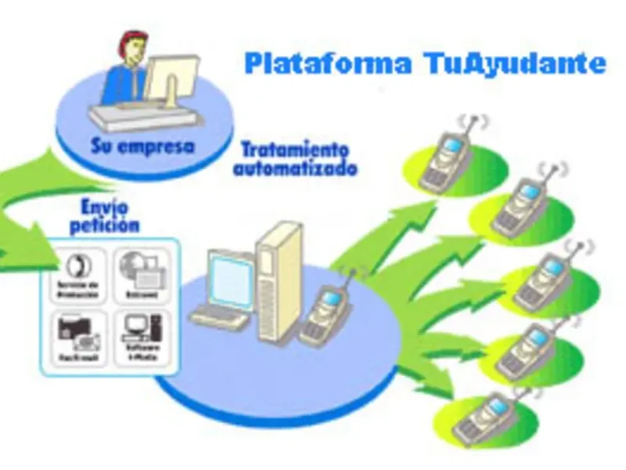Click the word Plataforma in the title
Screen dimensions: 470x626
(x=326, y=63)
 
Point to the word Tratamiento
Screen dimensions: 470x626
(x=295, y=150)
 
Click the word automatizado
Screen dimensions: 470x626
(x=295, y=168)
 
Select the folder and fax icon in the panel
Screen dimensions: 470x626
(x=77, y=330)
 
